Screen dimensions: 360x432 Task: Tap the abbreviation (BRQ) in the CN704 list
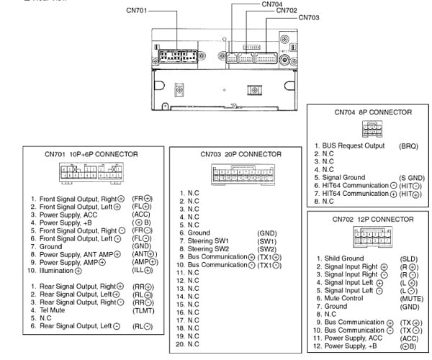tap(408, 145)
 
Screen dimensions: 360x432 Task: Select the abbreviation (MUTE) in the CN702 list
tap(410, 297)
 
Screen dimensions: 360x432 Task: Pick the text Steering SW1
tap(210, 241)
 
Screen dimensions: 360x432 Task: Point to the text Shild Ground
tap(344, 258)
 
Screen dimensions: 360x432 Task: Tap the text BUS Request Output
tap(354, 145)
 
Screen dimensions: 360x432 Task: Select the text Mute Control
tap(343, 297)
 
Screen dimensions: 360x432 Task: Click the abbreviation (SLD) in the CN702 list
tap(408, 258)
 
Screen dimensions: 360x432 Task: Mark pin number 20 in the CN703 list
tap(183, 344)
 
